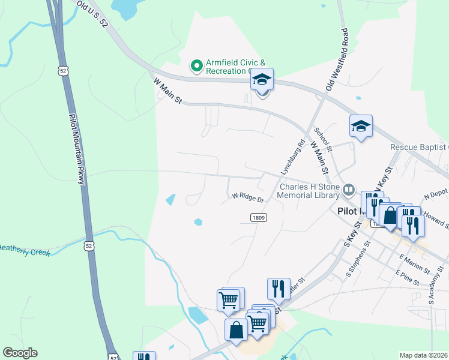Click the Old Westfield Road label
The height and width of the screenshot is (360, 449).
(336, 59)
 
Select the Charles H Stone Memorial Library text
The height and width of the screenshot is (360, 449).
(309, 191)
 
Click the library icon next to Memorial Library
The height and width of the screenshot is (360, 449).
(349, 191)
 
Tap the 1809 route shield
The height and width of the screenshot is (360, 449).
(259, 218)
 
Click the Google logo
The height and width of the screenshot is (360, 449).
(19, 353)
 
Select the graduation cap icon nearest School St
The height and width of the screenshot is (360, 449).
(361, 127)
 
